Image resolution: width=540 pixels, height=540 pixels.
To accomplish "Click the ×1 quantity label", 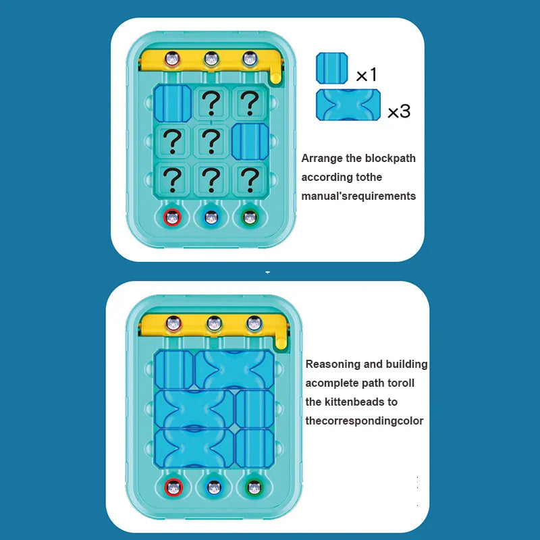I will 367,74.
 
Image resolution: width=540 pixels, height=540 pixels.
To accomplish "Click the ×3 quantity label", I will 398,111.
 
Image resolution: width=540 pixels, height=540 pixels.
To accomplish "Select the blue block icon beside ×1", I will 333,68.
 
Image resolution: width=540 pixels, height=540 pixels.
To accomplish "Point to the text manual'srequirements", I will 358,196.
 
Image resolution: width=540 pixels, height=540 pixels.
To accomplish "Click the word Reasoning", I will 333,364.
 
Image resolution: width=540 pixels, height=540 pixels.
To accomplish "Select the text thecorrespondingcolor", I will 364,421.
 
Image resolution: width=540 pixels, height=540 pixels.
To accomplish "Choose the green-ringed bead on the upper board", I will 250,217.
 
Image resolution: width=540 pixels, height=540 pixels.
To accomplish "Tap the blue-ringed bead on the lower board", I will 215,486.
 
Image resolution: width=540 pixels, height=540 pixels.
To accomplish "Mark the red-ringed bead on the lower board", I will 175,486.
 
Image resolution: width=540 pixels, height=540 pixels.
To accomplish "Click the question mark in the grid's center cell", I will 212,141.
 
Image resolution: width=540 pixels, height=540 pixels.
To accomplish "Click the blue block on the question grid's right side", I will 250,141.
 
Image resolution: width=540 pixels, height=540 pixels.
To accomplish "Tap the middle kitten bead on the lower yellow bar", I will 215,323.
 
